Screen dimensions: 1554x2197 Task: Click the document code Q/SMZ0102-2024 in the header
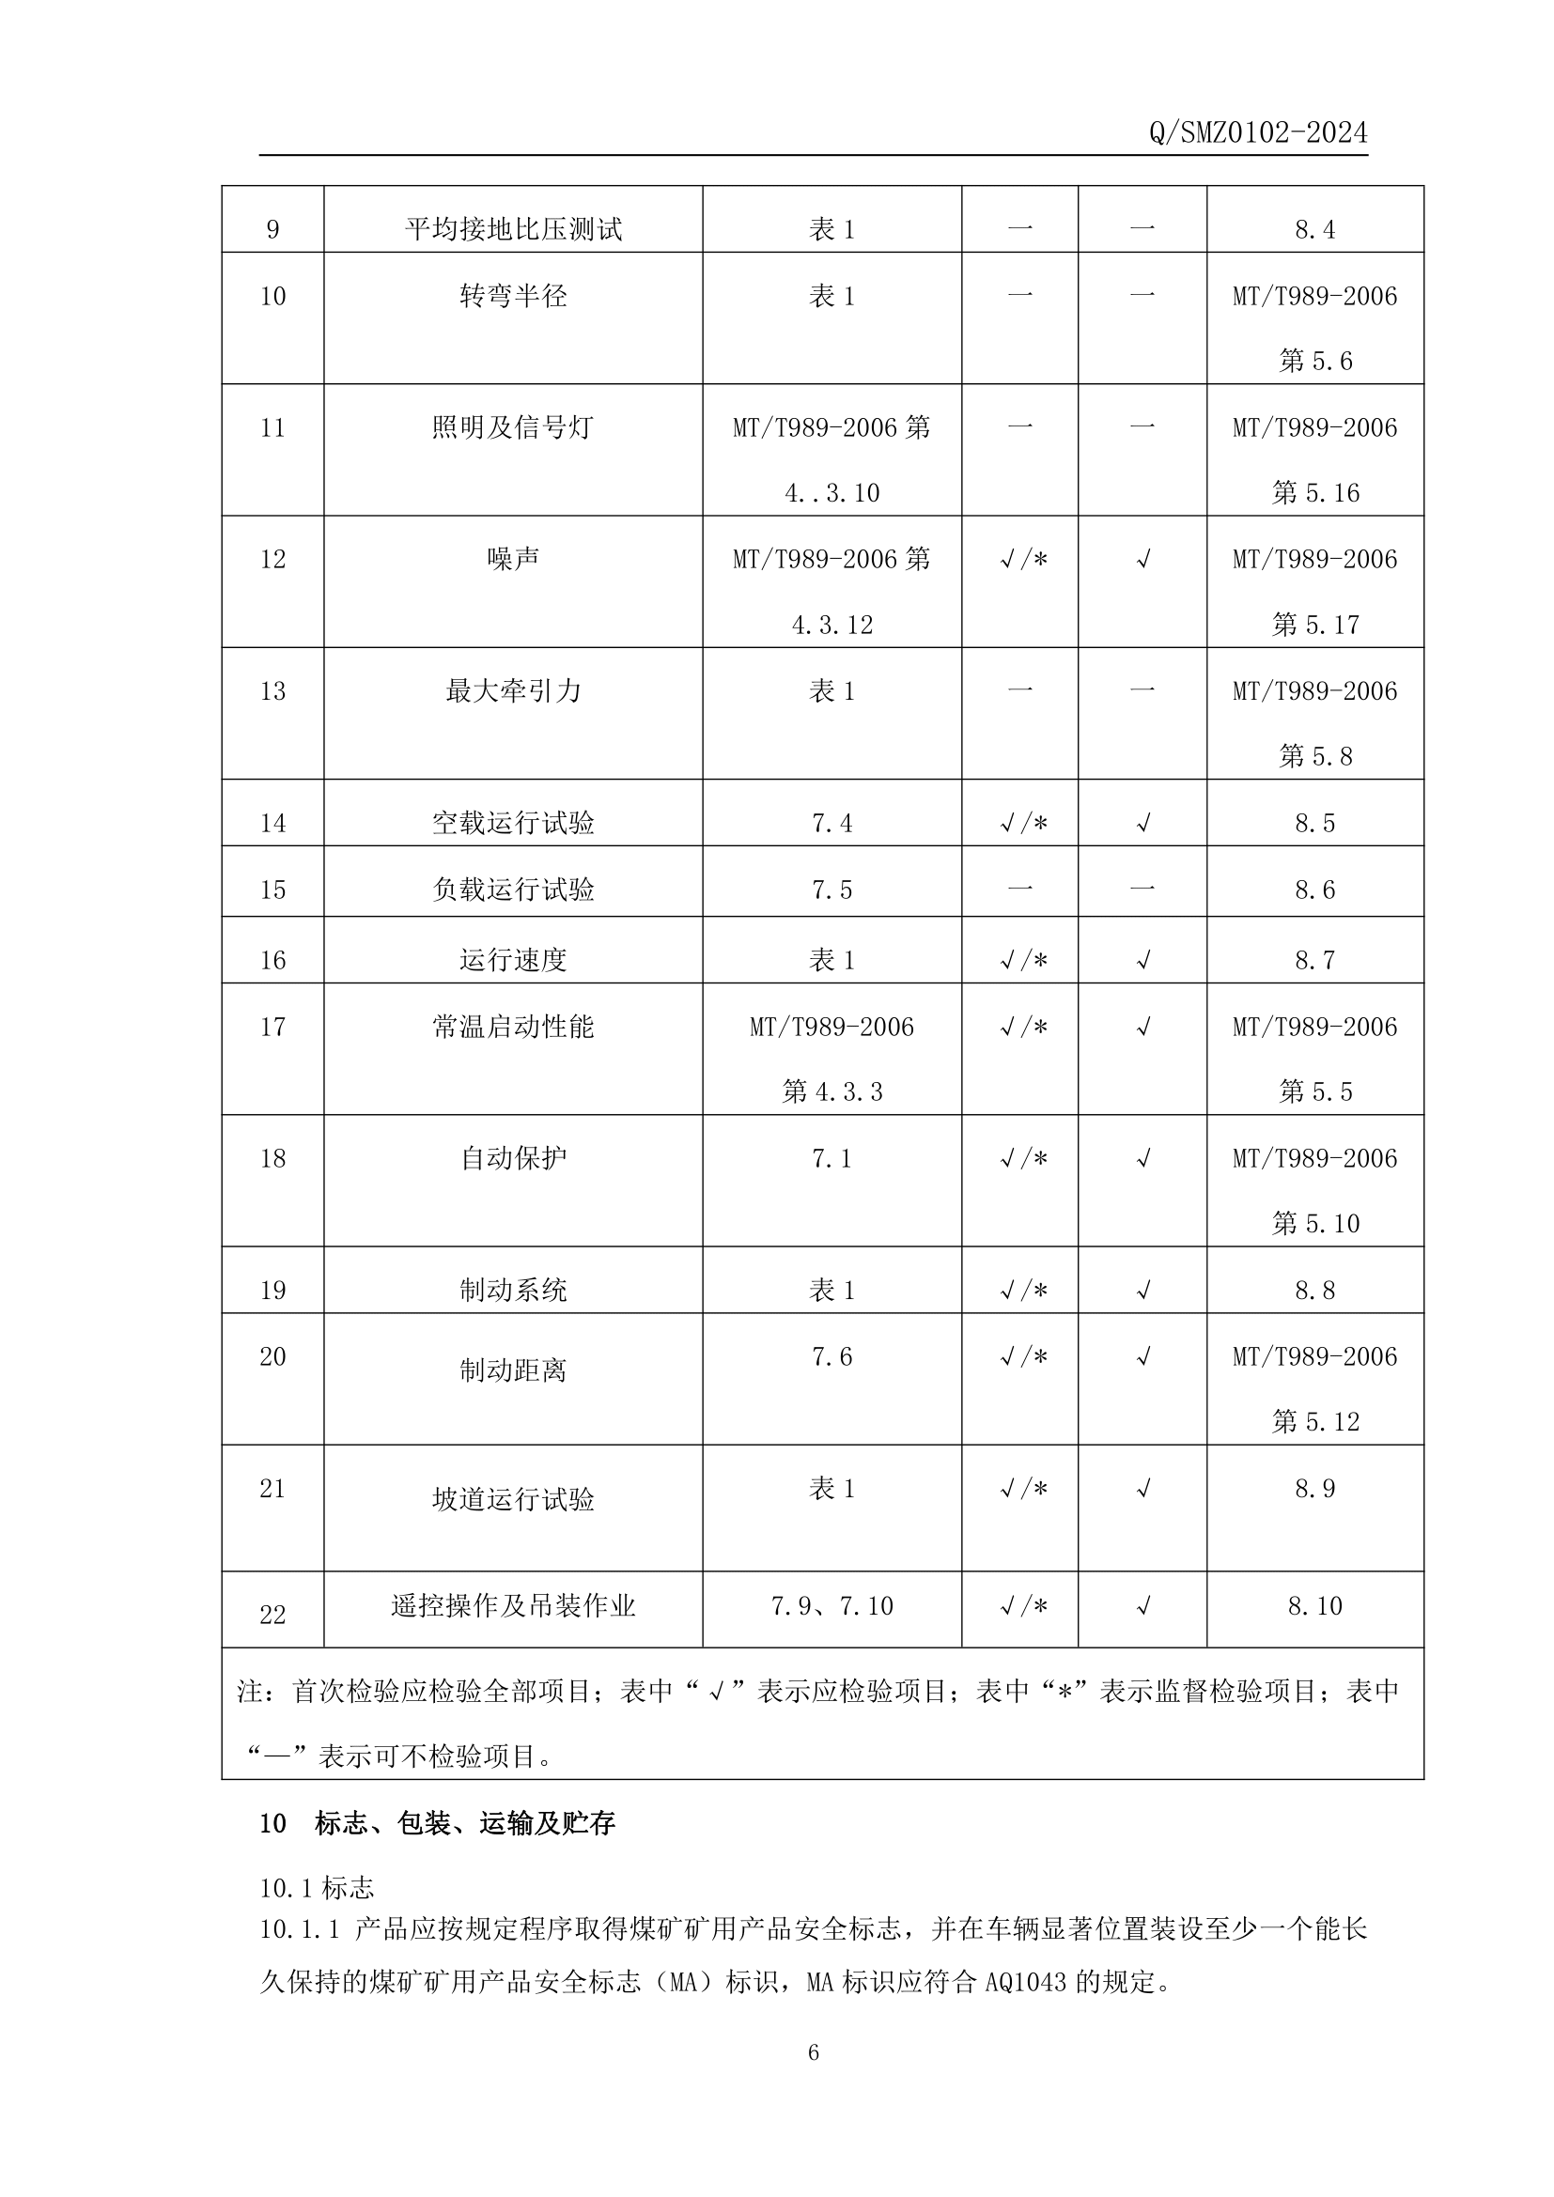[1257, 133]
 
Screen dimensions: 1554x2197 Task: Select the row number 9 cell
[272, 229]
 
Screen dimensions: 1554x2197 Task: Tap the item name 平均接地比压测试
[513, 229]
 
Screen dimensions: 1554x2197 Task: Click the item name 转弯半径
[513, 296]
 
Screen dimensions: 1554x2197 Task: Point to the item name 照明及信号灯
[513, 427]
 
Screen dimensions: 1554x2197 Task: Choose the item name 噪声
[513, 559]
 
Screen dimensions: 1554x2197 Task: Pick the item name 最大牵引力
[513, 691]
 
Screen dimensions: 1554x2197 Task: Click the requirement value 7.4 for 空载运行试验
[831, 823]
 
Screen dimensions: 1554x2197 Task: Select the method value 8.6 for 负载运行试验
[1314, 890]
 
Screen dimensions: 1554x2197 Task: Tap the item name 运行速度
[513, 960]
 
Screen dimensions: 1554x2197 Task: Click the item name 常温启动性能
[513, 1027]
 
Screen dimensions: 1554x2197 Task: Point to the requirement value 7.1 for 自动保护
[831, 1159]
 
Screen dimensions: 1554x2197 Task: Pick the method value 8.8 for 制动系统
[1314, 1290]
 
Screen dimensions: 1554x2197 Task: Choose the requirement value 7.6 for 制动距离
[831, 1356]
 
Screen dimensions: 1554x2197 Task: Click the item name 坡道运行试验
[513, 1499]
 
